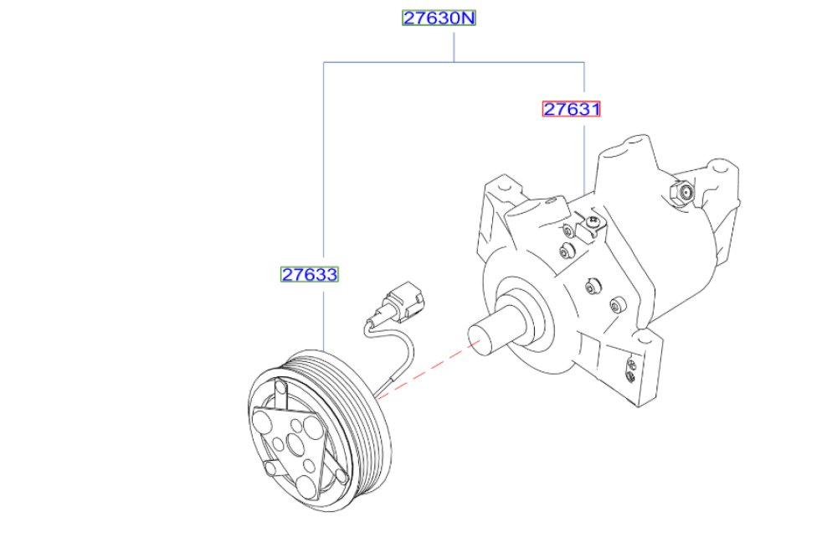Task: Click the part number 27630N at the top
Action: (x=439, y=18)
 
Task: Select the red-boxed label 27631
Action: (x=571, y=109)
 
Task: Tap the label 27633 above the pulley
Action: (x=310, y=274)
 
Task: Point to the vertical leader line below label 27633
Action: (x=323, y=317)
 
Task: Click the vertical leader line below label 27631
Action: (x=584, y=159)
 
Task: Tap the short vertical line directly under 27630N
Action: (x=454, y=47)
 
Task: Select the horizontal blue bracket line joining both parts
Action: (x=454, y=62)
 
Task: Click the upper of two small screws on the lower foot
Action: (x=632, y=365)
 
